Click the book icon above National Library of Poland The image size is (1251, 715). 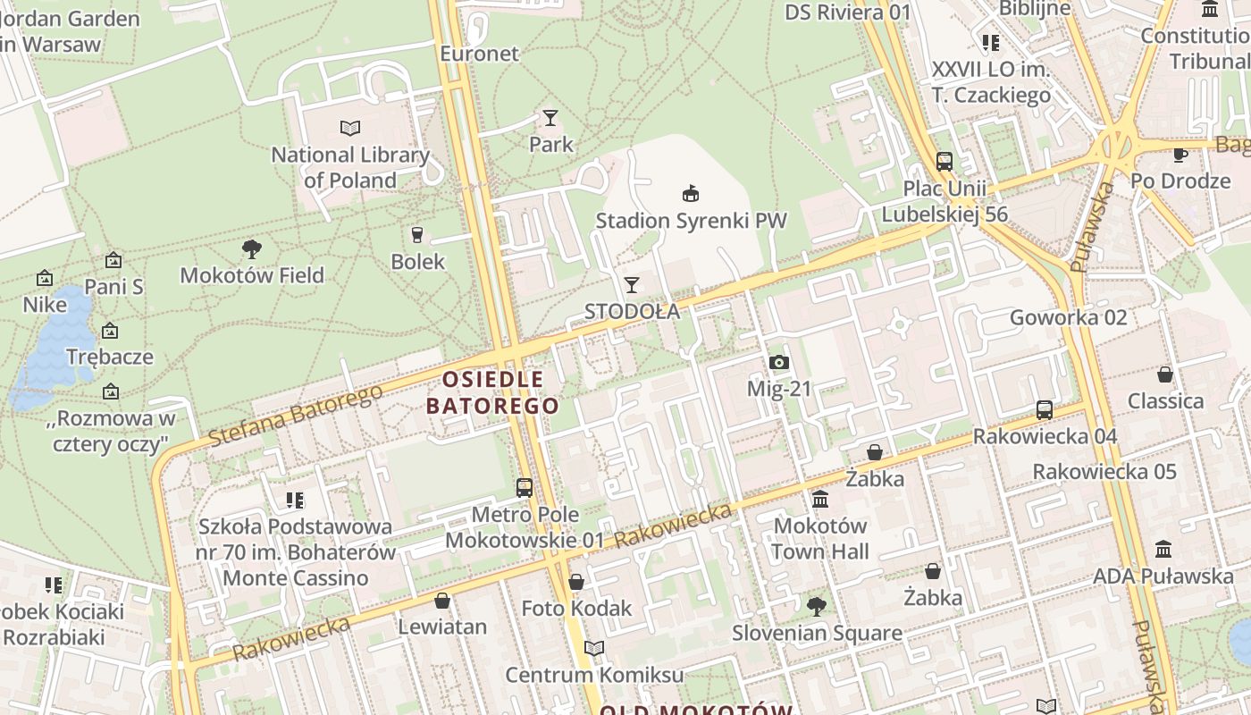pos(350,129)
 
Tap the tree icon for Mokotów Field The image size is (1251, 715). pos(252,249)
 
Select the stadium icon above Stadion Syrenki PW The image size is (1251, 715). pos(690,193)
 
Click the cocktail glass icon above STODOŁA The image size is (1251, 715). pos(632,285)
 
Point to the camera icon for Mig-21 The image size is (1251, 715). pos(779,362)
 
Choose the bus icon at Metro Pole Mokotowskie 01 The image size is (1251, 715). pos(525,488)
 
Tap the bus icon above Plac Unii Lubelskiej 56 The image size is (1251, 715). pos(945,162)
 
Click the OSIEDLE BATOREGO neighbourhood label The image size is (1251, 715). pos(492,392)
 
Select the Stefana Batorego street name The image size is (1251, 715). pos(295,416)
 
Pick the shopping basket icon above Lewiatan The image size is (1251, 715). pos(441,601)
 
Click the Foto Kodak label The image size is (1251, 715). pos(576,609)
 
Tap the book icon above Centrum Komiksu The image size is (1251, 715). pos(594,648)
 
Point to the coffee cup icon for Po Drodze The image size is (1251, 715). pos(1180,155)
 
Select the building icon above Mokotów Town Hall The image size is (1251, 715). pos(820,499)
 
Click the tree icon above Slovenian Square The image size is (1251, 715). pos(816,607)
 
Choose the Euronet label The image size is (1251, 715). pos(479,54)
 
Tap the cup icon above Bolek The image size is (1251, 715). pos(417,235)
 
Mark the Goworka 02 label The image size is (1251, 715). pos(1068,317)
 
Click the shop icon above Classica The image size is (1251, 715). pos(1165,374)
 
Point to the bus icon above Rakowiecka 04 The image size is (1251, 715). pos(1045,410)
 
